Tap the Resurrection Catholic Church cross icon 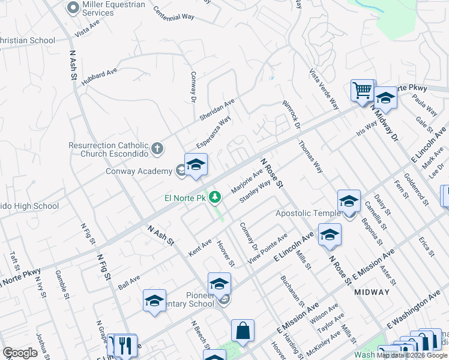[157, 148]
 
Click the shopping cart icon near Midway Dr [362, 91]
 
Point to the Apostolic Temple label [307, 213]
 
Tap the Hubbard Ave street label [100, 78]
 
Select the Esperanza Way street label [214, 133]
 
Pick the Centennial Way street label [174, 14]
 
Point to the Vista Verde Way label [324, 89]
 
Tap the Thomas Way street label [310, 157]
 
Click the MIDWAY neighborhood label [372, 292]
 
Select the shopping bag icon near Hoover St [243, 330]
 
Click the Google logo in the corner [20, 353]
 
